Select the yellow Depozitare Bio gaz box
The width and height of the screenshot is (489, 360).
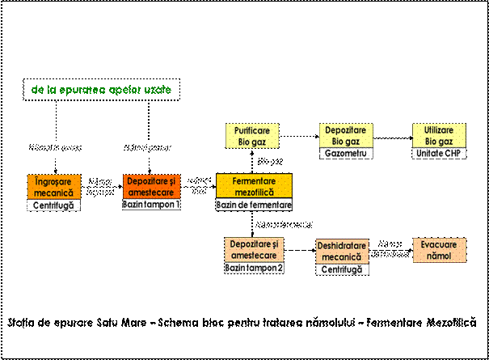point(345,135)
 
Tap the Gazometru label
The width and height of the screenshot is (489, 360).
point(345,153)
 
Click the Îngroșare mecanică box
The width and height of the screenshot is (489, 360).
point(54,188)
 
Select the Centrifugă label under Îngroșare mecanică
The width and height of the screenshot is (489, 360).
point(54,205)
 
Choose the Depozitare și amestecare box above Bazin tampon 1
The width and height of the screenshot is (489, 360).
point(151,186)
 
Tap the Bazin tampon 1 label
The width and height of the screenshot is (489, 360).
point(151,205)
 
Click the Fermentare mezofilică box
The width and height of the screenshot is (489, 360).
point(254,187)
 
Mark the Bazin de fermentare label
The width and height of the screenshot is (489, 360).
point(254,205)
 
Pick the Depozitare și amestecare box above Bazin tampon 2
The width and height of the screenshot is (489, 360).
point(254,249)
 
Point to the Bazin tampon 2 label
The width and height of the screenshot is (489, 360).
point(254,268)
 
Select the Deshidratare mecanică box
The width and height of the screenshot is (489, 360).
point(341,251)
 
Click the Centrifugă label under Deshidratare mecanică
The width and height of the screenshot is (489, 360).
point(341,269)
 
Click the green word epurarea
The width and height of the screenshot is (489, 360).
point(82,90)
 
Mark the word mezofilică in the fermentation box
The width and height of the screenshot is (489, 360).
point(254,193)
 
